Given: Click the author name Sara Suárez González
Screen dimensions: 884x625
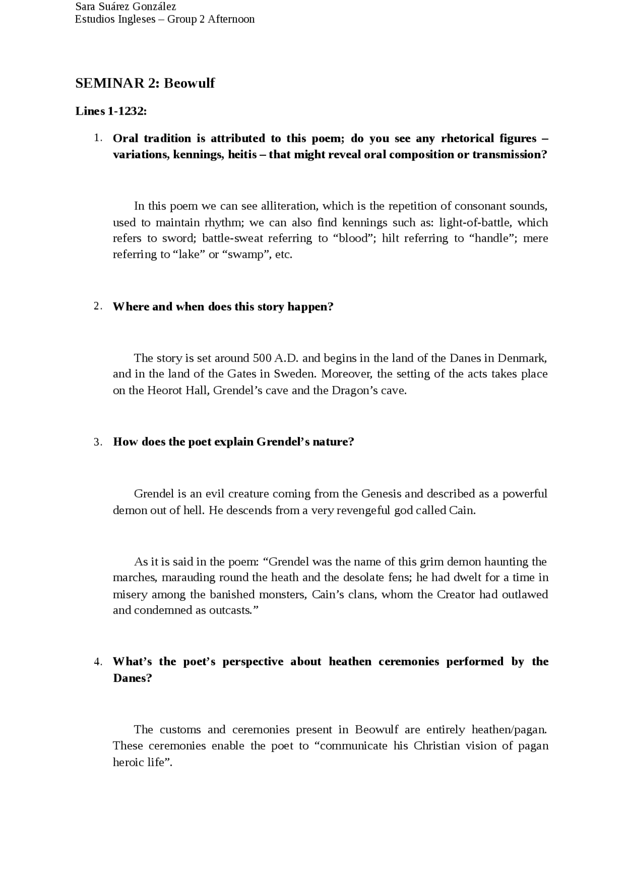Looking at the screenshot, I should [x=125, y=7].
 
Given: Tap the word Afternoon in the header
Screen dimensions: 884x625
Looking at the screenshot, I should [x=231, y=20].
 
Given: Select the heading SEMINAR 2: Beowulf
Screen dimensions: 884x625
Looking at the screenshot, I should [x=145, y=83].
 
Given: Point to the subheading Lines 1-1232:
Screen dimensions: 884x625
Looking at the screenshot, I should [x=111, y=111].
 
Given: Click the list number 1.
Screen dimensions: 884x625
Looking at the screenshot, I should [x=98, y=138].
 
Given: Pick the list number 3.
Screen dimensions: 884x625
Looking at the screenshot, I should [x=98, y=442].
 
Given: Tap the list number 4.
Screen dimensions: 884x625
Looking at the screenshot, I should [x=98, y=662].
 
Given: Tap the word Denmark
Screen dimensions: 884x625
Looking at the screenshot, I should [x=521, y=358].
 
